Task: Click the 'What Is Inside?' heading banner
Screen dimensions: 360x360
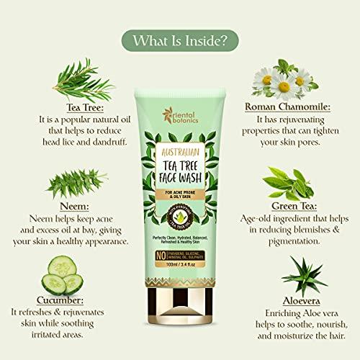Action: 179,36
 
